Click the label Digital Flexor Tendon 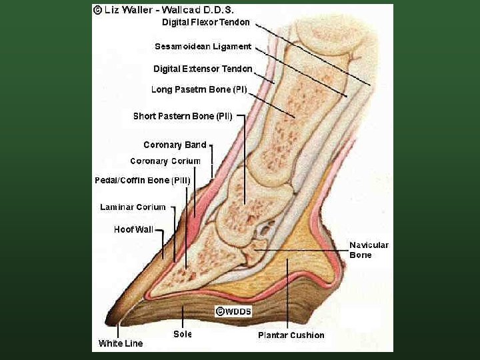point(206,22)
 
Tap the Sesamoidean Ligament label point(203,47)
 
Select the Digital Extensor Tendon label point(203,69)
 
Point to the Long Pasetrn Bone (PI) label point(199,89)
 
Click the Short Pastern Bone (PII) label point(182,116)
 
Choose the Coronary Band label point(175,145)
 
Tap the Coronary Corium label point(165,161)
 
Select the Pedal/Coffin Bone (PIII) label point(142,181)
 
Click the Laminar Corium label point(133,207)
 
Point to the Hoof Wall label point(133,229)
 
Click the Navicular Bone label point(369,250)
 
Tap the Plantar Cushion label point(291,335)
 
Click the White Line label point(120,343)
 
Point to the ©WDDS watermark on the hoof point(233,311)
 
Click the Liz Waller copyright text point(167,10)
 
